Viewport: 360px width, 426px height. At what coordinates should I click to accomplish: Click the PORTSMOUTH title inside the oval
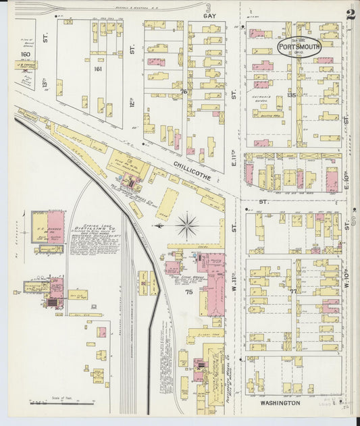(x=299, y=47)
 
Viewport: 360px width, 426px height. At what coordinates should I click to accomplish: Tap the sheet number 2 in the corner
(x=351, y=15)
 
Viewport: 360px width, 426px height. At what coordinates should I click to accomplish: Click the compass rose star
(x=186, y=225)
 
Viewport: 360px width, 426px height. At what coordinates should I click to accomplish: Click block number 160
(x=26, y=54)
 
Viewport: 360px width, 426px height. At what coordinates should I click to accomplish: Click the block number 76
(x=183, y=91)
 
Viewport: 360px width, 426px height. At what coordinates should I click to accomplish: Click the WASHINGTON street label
(x=280, y=402)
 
